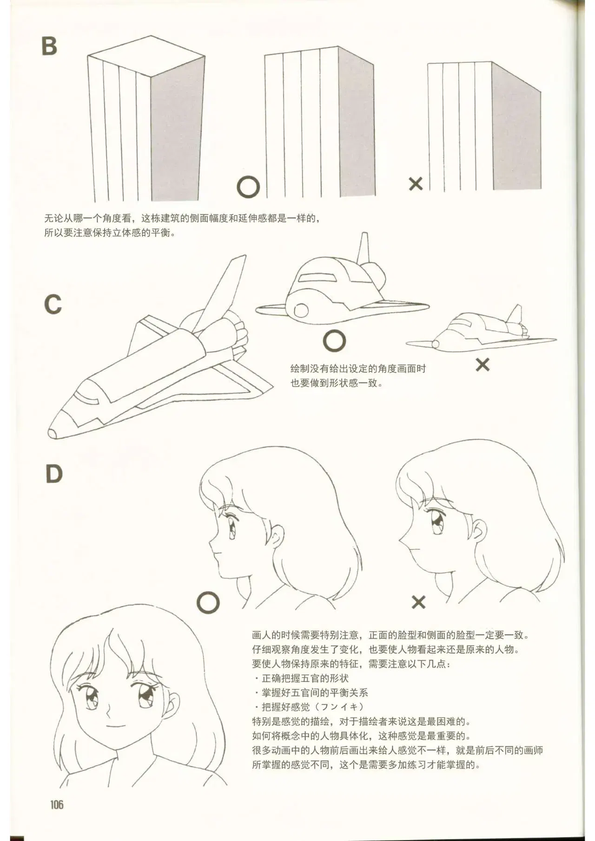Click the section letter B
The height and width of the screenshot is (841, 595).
click(x=49, y=46)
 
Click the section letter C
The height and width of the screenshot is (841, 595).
click(x=53, y=305)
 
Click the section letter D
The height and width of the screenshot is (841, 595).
click(x=54, y=474)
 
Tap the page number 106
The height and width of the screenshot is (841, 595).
click(x=57, y=804)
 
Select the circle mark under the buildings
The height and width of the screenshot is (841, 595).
click(x=248, y=188)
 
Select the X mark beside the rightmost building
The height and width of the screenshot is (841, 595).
click(x=416, y=184)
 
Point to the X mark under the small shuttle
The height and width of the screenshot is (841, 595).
click(x=483, y=365)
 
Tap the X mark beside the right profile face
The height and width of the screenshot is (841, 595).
click(x=418, y=602)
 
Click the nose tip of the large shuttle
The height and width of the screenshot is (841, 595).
click(x=50, y=433)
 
